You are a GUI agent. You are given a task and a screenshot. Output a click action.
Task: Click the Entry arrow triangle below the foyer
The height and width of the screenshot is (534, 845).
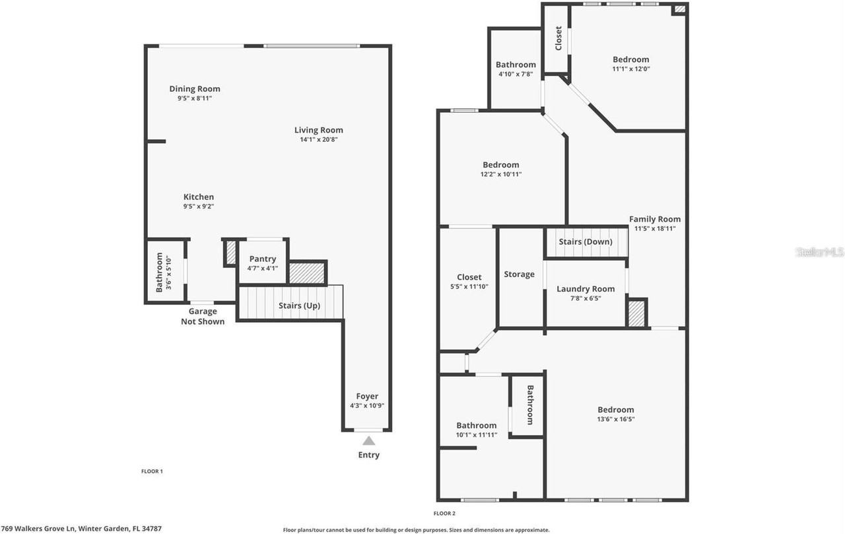(x=368, y=440)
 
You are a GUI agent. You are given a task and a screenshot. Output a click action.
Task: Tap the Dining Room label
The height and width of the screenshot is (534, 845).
(x=195, y=88)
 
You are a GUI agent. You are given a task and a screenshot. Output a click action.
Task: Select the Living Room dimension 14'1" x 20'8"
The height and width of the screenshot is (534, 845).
(x=319, y=139)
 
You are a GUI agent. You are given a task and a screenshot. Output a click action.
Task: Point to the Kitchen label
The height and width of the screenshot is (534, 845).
(x=199, y=197)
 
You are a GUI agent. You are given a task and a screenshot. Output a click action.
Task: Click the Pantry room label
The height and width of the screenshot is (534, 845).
(x=263, y=259)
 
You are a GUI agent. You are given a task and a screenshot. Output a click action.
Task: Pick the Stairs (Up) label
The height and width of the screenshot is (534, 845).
(x=298, y=306)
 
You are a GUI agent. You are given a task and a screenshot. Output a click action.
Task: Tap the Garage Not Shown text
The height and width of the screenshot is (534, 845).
(x=203, y=316)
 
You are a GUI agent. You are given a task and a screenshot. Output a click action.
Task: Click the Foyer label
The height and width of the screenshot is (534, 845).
(x=367, y=396)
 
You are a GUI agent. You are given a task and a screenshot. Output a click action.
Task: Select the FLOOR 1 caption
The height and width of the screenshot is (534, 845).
(x=152, y=471)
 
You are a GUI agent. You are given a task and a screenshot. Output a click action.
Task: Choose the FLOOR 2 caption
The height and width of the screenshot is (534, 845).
(x=444, y=513)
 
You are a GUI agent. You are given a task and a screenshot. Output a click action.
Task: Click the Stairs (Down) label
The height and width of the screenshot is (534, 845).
(x=586, y=242)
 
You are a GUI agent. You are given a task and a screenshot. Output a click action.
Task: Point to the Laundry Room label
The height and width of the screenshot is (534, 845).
(x=586, y=288)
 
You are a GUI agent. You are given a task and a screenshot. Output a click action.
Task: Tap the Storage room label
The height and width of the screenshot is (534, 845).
(x=520, y=274)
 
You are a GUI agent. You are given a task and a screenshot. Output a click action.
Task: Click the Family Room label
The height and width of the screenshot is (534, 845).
(x=654, y=219)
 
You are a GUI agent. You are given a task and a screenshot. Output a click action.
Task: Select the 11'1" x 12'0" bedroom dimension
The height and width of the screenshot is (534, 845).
(x=631, y=69)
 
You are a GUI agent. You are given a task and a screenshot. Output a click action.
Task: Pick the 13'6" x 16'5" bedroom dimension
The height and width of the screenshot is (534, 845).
(x=616, y=419)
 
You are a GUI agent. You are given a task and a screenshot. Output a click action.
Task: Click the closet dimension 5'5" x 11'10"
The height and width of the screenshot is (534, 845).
(x=469, y=286)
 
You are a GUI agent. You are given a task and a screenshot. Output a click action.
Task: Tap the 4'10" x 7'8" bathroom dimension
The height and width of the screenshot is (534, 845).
(x=516, y=74)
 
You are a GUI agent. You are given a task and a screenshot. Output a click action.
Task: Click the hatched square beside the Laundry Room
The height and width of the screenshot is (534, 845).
(x=636, y=312)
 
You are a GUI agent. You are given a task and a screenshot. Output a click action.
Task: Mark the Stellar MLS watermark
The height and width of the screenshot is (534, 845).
(x=820, y=252)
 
